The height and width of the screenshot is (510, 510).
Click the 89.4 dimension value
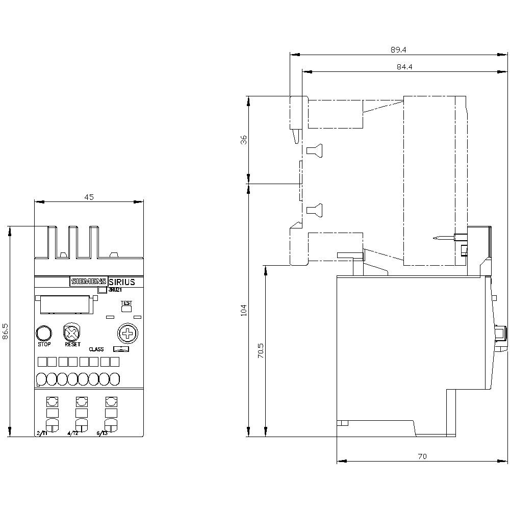(398, 49)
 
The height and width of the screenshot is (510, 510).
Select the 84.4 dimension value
(404, 67)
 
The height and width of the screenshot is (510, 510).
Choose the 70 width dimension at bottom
(422, 456)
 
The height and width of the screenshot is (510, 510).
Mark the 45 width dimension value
(89, 197)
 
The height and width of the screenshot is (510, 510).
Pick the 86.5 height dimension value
(6, 331)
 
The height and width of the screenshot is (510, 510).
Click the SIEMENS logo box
(89, 282)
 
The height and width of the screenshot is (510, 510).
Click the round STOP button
(44, 334)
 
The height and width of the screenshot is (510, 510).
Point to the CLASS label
(96, 349)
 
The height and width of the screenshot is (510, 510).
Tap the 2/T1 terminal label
(42, 433)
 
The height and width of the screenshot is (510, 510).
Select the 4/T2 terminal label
(73, 433)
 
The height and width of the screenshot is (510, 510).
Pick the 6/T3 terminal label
(103, 433)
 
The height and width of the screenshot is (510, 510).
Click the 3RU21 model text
(116, 290)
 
